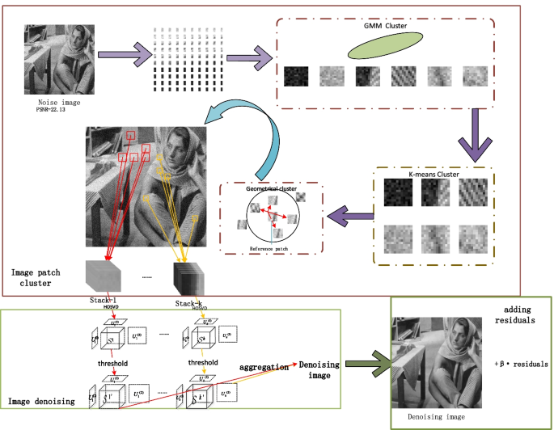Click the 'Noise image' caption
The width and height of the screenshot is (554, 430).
60,104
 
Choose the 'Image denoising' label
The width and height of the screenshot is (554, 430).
42,400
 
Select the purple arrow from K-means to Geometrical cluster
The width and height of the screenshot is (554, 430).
350,216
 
